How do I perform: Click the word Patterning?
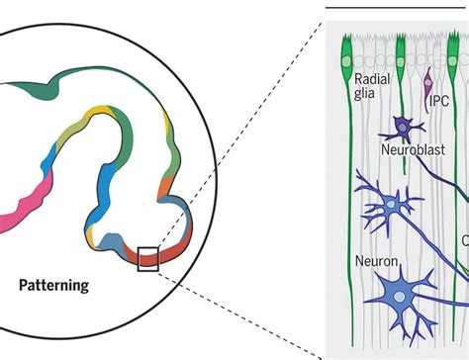(x=54, y=287)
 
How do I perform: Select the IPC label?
(x=441, y=101)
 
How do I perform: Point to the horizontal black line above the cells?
(x=396, y=8)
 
